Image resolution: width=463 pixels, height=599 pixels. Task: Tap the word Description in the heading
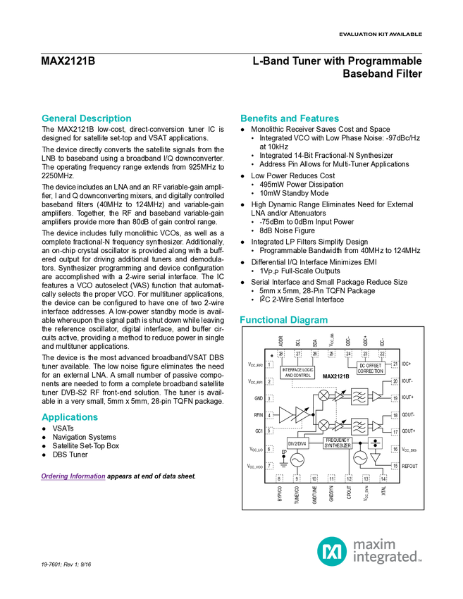[x=106, y=119]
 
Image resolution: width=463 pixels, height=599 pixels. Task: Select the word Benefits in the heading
[x=259, y=119]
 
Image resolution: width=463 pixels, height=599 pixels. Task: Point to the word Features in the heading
[x=320, y=119]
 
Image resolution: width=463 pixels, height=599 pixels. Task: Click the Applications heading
[x=70, y=417]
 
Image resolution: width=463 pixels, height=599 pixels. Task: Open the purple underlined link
[x=73, y=477]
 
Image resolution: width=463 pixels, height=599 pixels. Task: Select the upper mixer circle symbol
[x=323, y=395]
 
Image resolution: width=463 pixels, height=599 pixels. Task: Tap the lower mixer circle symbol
[x=323, y=426]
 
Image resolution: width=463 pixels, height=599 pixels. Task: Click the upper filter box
[x=359, y=396]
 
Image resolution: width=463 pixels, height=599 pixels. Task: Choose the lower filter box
[x=359, y=426]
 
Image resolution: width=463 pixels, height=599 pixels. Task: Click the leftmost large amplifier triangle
[x=285, y=415]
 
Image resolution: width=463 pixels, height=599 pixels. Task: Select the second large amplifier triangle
[x=302, y=415]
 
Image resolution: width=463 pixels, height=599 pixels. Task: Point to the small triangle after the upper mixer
[x=338, y=396]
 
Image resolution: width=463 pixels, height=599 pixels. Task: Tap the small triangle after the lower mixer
[x=338, y=426]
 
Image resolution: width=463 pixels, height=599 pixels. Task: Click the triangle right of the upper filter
[x=376, y=396]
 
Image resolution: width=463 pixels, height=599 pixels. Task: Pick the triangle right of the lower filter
[x=376, y=426]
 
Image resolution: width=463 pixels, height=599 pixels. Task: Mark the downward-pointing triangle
[x=375, y=457]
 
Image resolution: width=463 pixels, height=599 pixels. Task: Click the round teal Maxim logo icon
[x=331, y=551]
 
